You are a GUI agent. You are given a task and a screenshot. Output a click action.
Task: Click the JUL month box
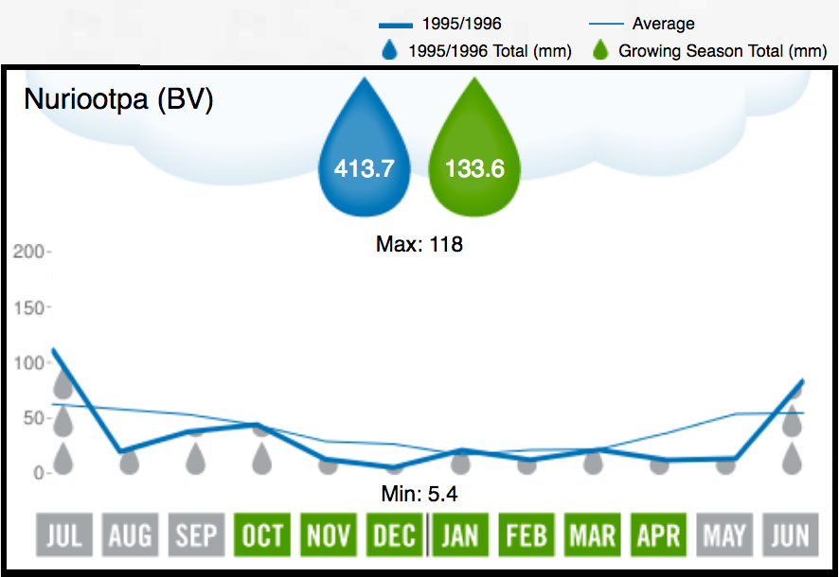pyautogui.click(x=63, y=536)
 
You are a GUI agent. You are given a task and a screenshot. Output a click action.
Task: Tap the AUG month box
pyautogui.click(x=130, y=536)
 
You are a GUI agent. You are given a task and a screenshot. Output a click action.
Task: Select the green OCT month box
pyautogui.click(x=262, y=536)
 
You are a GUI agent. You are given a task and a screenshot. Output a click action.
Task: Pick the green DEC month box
pyautogui.click(x=394, y=536)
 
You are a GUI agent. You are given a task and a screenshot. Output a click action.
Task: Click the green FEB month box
pyautogui.click(x=527, y=536)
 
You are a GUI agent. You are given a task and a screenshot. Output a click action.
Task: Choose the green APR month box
pyautogui.click(x=658, y=536)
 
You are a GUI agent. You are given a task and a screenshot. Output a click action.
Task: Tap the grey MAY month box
pyautogui.click(x=724, y=536)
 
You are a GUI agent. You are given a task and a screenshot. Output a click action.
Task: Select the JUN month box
pyautogui.click(x=791, y=536)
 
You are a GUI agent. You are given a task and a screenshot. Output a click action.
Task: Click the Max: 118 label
pyautogui.click(x=419, y=244)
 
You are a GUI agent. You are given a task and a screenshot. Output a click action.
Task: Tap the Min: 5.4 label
pyautogui.click(x=419, y=493)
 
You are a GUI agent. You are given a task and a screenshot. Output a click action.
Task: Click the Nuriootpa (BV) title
pyautogui.click(x=118, y=98)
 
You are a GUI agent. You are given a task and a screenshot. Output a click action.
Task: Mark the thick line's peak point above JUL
pyautogui.click(x=54, y=350)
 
